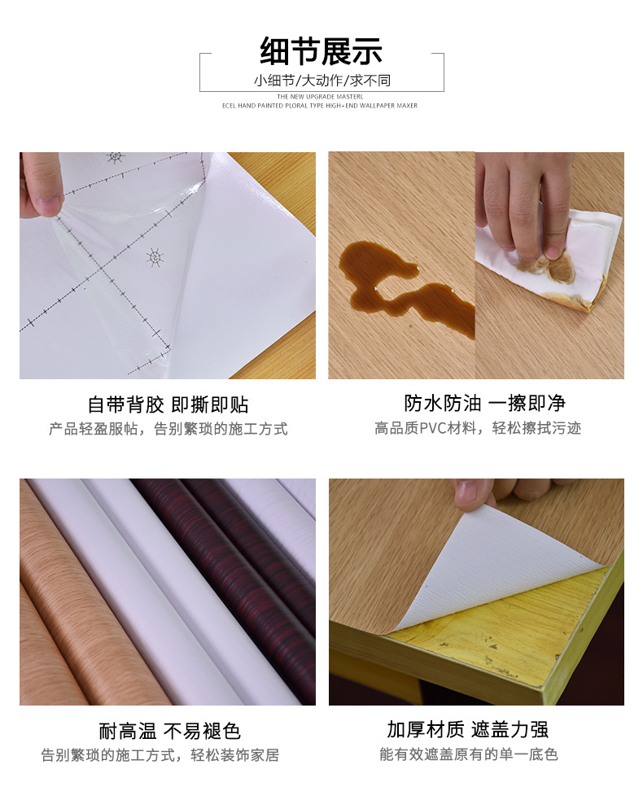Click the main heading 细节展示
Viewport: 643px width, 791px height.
coord(321,50)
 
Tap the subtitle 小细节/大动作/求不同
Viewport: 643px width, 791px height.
coord(321,81)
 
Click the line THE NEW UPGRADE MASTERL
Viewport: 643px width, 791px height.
coord(320,96)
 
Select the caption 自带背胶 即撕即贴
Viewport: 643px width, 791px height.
coord(168,404)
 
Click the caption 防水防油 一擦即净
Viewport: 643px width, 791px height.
coord(484,403)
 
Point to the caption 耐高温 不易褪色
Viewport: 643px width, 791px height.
coord(169,731)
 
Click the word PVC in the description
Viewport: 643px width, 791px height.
coord(432,428)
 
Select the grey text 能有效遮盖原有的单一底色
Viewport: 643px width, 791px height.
coord(468,754)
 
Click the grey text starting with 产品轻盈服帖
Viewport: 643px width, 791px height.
coord(168,429)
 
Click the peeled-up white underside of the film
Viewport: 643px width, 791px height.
coord(496,562)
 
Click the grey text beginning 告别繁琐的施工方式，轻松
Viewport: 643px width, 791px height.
coord(160,755)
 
